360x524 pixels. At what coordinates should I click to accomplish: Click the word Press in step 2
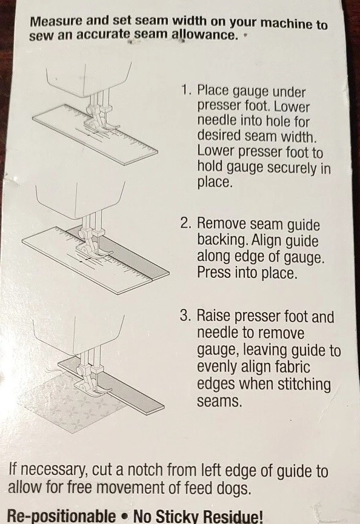[212, 273]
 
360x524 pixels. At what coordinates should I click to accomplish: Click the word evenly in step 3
[217, 368]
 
